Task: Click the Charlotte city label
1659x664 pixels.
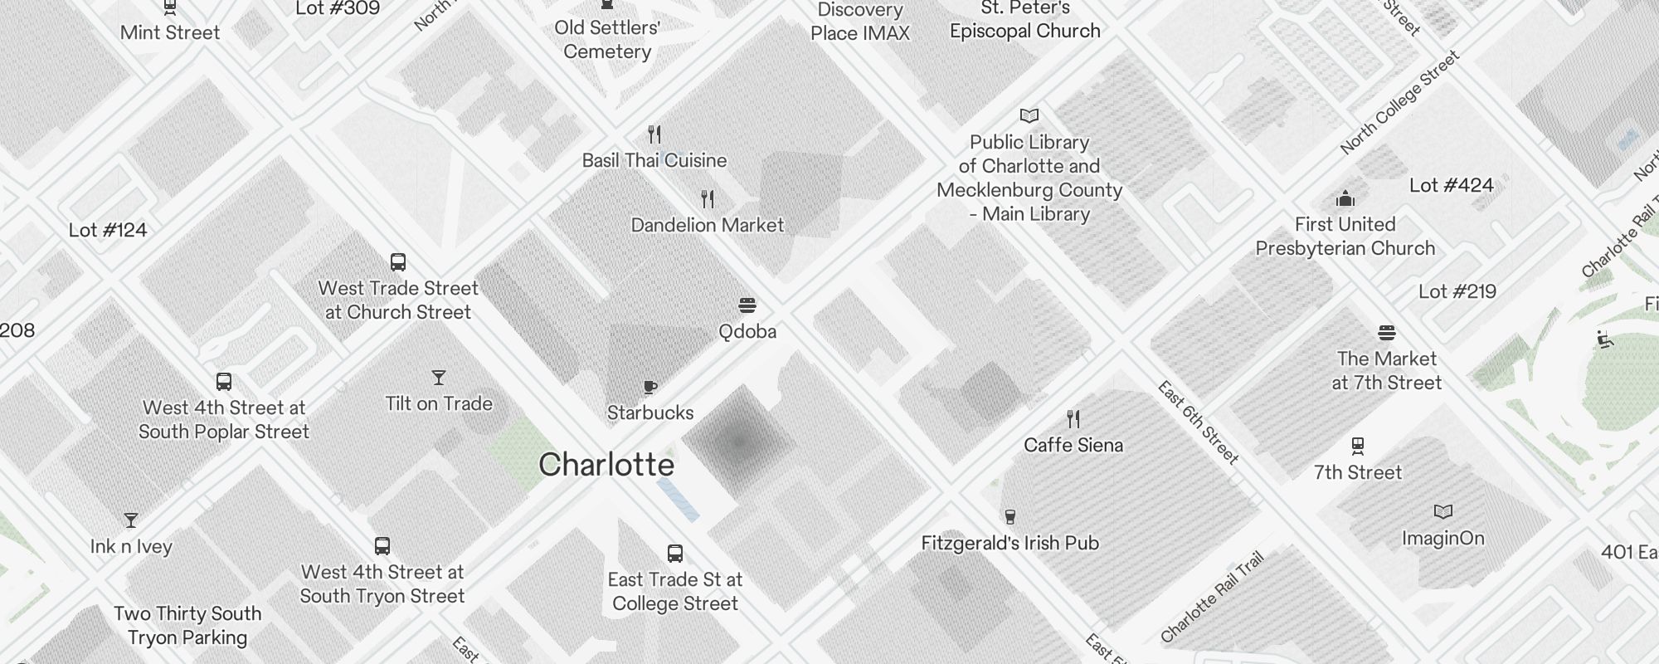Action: pyautogui.click(x=606, y=465)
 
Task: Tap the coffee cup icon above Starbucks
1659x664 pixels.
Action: pyautogui.click(x=650, y=387)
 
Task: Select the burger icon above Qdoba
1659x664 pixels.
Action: pyautogui.click(x=747, y=305)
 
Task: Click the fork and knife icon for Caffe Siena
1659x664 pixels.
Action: pyautogui.click(x=1073, y=418)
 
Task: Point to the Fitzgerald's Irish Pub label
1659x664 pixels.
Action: pyautogui.click(x=1010, y=543)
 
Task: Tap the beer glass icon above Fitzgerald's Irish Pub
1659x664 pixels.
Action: pyautogui.click(x=1010, y=517)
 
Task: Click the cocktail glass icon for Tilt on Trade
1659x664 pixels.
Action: pyautogui.click(x=439, y=378)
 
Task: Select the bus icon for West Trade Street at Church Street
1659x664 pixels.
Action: pyautogui.click(x=398, y=262)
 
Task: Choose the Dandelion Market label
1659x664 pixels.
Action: pyautogui.click(x=707, y=225)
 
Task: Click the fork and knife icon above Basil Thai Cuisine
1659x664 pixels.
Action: pyautogui.click(x=654, y=134)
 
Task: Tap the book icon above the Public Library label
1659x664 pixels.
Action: pyautogui.click(x=1029, y=115)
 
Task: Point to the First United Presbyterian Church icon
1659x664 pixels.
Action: pyautogui.click(x=1345, y=198)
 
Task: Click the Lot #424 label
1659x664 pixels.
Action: pyautogui.click(x=1451, y=185)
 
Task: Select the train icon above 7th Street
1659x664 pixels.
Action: pyautogui.click(x=1358, y=447)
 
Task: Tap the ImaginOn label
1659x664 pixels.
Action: pyautogui.click(x=1443, y=538)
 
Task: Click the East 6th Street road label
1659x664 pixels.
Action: pyautogui.click(x=1199, y=422)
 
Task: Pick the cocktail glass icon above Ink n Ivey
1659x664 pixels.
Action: pyautogui.click(x=131, y=520)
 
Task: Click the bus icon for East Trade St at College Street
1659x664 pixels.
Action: pyautogui.click(x=675, y=554)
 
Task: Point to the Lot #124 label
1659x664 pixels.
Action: pyautogui.click(x=108, y=230)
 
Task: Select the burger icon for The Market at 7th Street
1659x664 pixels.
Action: pyautogui.click(x=1387, y=333)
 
